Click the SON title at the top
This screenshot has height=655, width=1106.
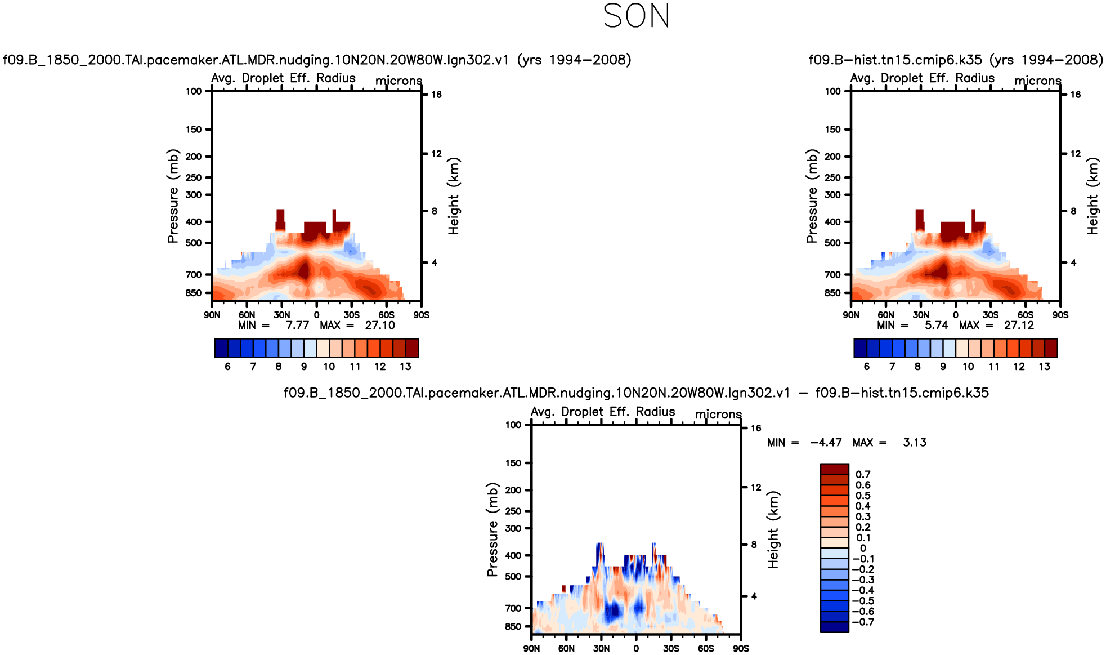click(636, 16)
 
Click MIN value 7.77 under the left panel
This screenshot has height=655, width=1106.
click(297, 326)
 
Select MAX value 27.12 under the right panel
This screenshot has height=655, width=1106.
click(1019, 326)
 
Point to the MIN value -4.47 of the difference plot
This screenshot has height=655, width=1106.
click(826, 443)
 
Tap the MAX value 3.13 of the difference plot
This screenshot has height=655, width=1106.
click(915, 443)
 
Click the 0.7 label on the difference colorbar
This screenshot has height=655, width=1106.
click(863, 475)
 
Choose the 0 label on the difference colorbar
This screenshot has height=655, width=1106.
click(863, 549)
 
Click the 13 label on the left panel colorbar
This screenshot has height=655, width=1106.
click(405, 367)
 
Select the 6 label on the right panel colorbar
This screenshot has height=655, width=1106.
click(867, 367)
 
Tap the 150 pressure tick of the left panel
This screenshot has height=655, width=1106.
click(194, 130)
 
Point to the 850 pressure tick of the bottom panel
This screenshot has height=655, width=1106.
click(513, 627)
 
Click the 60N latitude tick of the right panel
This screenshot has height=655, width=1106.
click(886, 315)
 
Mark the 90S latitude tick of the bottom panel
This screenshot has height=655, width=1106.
click(741, 649)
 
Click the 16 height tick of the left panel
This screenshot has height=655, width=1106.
click(436, 95)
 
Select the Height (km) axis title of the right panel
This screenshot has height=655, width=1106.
click(1092, 196)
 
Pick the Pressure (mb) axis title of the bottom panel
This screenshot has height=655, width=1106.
click(492, 529)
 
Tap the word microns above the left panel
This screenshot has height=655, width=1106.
click(398, 81)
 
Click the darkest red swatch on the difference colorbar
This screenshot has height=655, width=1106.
click(834, 469)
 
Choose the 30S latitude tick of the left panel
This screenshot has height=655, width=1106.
click(351, 315)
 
